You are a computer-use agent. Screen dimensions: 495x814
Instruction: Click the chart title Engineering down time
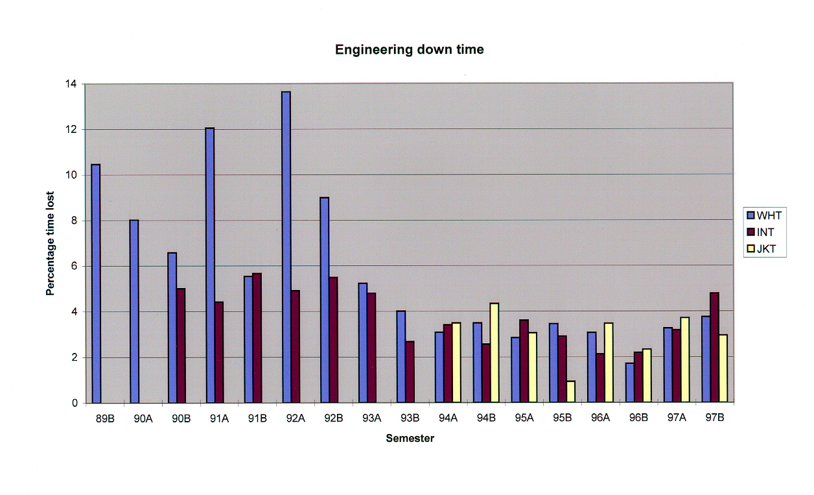(409, 50)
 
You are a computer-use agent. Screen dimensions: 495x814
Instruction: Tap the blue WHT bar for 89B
(96, 284)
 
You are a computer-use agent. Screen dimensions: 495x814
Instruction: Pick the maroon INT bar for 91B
(257, 338)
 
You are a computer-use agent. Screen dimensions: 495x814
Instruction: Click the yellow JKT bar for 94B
(494, 353)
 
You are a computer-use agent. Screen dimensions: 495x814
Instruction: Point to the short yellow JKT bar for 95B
(570, 392)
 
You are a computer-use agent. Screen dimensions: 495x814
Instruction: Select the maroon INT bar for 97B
(714, 348)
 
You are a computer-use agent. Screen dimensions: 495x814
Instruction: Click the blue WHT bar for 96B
(629, 383)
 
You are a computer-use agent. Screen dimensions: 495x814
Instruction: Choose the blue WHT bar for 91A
(210, 265)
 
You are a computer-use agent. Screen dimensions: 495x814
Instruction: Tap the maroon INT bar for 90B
(181, 346)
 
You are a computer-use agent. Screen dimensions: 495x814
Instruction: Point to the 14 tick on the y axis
(72, 84)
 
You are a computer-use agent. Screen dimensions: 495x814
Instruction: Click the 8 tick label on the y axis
(74, 221)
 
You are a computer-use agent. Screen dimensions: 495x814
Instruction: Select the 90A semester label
(143, 418)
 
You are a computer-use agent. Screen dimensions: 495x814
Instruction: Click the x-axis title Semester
(410, 439)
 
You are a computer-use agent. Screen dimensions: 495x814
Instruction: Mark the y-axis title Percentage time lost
(50, 244)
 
